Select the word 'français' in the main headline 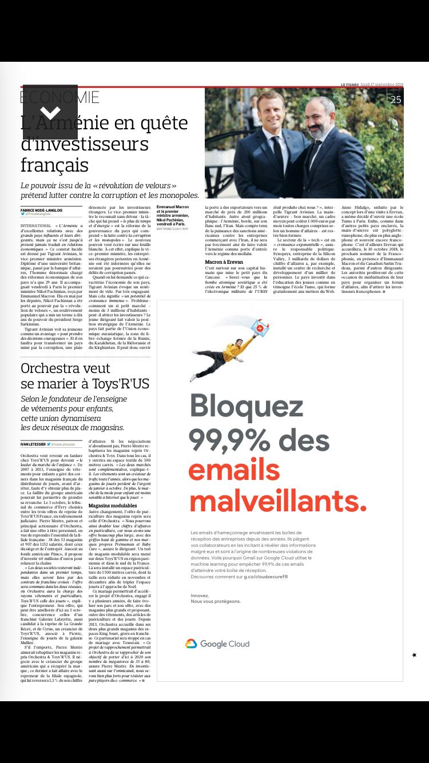(x=54, y=165)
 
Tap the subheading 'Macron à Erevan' (x=224, y=262)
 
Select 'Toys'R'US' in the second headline (x=120, y=384)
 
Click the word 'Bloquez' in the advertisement (x=247, y=406)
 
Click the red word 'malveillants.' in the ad (x=277, y=501)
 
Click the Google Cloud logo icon (x=191, y=644)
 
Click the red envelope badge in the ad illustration (x=260, y=328)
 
